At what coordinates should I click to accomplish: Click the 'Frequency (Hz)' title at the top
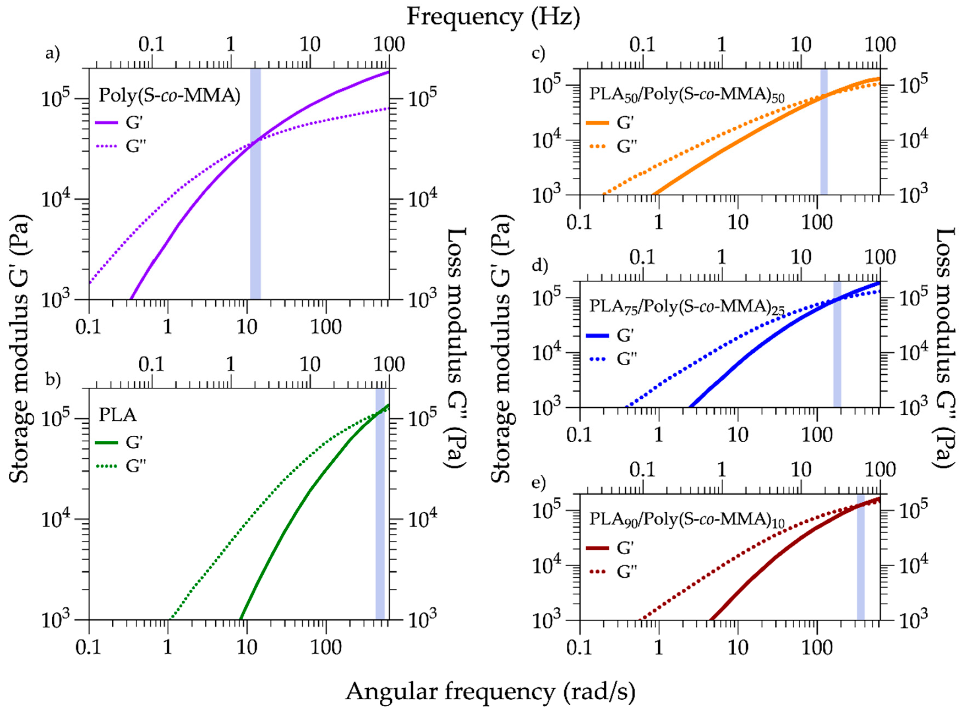pyautogui.click(x=493, y=18)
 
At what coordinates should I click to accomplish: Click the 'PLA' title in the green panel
pyautogui.click(x=117, y=415)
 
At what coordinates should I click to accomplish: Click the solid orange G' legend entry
pyautogui.click(x=597, y=123)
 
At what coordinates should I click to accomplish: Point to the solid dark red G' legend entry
pyautogui.click(x=597, y=548)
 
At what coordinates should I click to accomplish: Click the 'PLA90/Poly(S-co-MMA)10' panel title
pyautogui.click(x=686, y=520)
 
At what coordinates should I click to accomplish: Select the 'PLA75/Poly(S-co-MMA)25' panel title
pyautogui.click(x=686, y=307)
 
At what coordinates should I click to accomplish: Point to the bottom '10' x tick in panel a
pyautogui.click(x=247, y=327)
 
